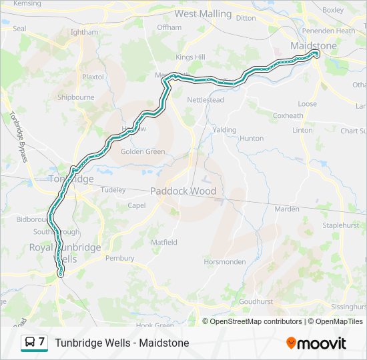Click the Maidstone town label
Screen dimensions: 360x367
(314, 45)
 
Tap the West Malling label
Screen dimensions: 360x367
(203, 13)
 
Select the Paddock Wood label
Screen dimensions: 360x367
(183, 191)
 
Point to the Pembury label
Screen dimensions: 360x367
(120, 258)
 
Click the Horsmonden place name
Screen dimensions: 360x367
(227, 261)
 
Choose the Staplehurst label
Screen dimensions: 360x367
(342, 226)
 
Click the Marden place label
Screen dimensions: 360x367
(287, 209)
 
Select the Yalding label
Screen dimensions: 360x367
(224, 129)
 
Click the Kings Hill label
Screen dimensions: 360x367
(191, 57)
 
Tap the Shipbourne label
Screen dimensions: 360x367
(75, 97)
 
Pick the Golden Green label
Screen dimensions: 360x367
(143, 151)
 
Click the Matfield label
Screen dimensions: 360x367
(163, 242)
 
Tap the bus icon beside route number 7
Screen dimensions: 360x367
(30, 343)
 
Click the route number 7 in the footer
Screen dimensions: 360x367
(41, 342)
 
